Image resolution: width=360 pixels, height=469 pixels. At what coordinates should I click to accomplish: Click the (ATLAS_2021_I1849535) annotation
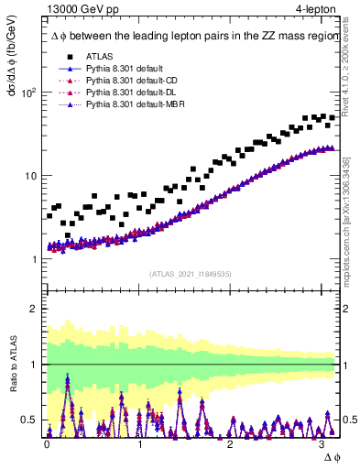pyautogui.click(x=191, y=273)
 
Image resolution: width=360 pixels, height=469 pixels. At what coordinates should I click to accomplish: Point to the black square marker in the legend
pyautogui.click(x=70, y=55)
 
